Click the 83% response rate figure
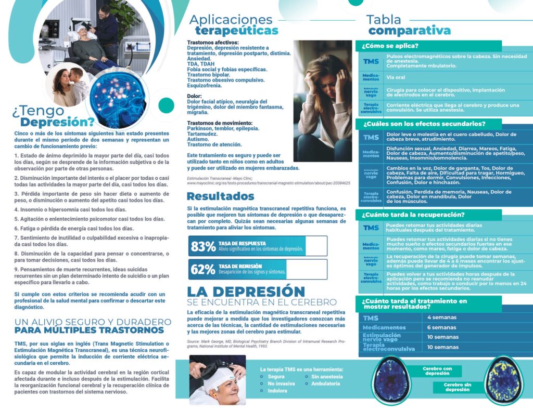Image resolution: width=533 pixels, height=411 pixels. [204, 246]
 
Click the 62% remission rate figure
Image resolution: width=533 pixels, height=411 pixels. [203, 269]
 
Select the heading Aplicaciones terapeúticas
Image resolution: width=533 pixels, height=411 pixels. [233, 25]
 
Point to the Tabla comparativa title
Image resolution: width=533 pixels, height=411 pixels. [408, 25]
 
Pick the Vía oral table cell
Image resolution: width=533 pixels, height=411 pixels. [396, 77]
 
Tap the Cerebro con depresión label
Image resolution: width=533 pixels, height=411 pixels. [437, 371]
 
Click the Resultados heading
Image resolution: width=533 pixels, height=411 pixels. [220, 196]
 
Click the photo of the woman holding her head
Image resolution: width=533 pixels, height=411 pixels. [322, 101]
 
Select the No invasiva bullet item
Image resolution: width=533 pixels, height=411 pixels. [282, 383]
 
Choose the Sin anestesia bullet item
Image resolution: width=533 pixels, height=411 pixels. [327, 376]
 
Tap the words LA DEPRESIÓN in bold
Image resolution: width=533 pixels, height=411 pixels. [246, 291]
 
